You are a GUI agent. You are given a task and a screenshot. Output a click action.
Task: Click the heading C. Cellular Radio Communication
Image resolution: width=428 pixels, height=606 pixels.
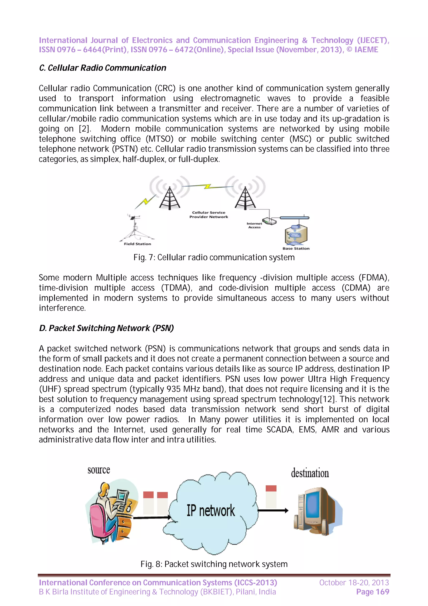[103, 68]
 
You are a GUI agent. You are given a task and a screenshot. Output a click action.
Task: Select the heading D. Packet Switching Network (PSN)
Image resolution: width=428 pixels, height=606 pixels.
[106, 328]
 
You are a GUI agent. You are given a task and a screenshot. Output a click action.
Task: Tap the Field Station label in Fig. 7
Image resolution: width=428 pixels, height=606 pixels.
[137, 244]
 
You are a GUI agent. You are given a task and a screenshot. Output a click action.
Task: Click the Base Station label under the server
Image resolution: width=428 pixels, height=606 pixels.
[296, 248]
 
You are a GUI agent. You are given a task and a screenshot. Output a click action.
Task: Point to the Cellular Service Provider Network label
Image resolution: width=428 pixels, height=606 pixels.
[209, 215]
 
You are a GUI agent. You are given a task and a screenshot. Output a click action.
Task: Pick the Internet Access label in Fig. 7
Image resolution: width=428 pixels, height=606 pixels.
[254, 225]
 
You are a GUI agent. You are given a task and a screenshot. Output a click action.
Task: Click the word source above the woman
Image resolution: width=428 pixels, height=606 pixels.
[99, 470]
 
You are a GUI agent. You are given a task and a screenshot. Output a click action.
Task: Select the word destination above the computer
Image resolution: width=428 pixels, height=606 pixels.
[310, 473]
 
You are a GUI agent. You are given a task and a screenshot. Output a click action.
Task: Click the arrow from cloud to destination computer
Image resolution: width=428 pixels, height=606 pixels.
[273, 510]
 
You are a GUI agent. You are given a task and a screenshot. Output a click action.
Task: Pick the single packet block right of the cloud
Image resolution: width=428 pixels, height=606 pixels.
[271, 496]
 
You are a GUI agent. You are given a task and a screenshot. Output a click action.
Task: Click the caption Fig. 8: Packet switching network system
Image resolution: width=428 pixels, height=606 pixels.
[214, 564]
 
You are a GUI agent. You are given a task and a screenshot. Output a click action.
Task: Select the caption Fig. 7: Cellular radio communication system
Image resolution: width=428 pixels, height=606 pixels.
[214, 257]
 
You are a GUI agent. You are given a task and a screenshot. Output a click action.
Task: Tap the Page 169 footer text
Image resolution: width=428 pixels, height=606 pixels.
[372, 592]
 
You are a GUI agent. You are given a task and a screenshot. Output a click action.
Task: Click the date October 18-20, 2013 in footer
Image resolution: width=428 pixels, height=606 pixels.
[354, 583]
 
